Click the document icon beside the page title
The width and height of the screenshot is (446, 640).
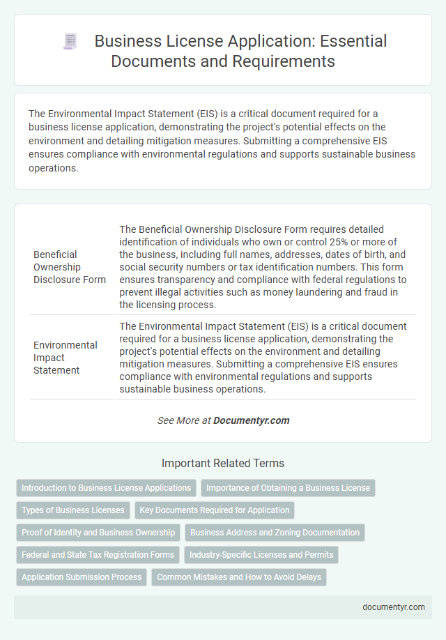click(70, 42)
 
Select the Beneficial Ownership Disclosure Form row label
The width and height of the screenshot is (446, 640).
click(70, 267)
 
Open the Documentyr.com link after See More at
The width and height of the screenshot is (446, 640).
click(252, 420)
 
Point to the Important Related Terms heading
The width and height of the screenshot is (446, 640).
click(223, 463)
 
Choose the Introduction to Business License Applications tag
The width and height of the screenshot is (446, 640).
click(106, 488)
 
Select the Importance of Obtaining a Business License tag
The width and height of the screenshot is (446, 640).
click(288, 488)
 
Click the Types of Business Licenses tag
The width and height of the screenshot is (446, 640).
click(72, 510)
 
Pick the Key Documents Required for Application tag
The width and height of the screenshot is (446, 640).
click(214, 510)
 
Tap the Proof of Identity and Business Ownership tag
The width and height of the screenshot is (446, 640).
click(98, 533)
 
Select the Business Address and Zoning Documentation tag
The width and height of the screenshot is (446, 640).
click(275, 533)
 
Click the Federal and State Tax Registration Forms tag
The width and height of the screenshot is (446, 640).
click(98, 555)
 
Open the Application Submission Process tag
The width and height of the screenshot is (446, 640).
click(82, 577)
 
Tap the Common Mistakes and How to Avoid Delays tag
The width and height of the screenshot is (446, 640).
click(238, 577)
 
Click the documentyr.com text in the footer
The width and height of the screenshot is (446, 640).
click(394, 607)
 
